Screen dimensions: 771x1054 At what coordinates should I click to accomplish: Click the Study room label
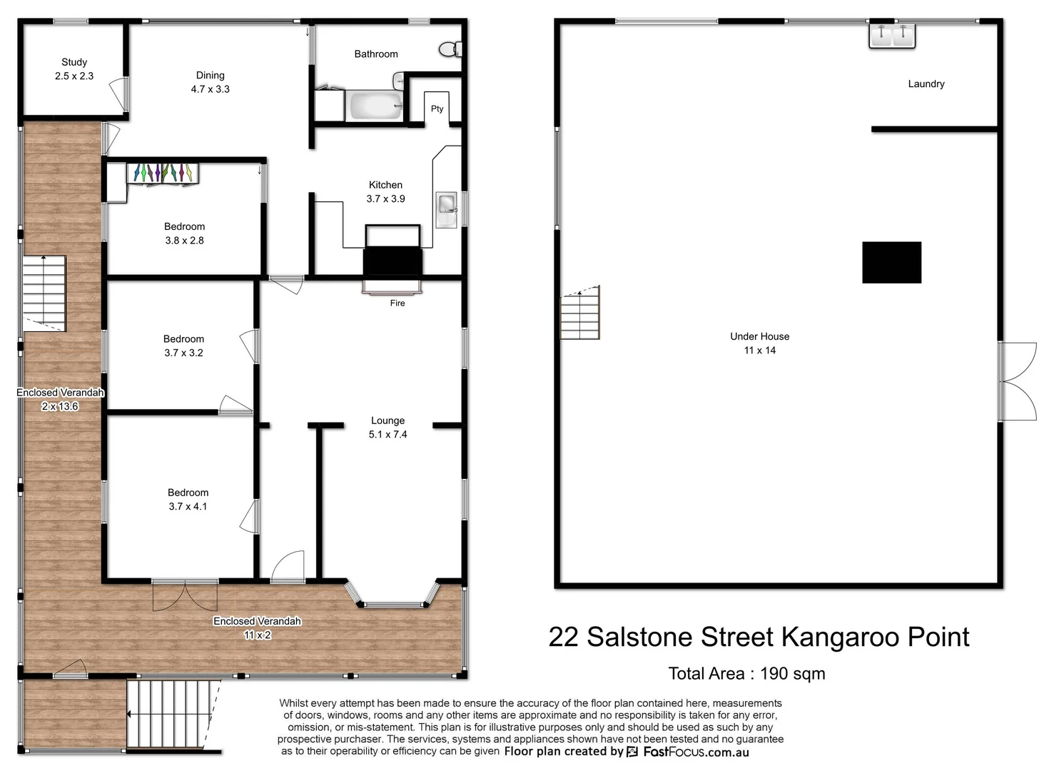click(x=74, y=63)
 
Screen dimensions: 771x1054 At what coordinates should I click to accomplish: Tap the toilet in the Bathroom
click(x=450, y=49)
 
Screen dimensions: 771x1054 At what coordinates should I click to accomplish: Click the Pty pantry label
click(x=437, y=109)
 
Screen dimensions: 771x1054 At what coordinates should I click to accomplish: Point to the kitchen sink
click(x=447, y=205)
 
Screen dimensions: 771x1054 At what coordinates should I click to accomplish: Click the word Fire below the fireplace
click(x=397, y=303)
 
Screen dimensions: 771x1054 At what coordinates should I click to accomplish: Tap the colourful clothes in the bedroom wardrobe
click(x=163, y=173)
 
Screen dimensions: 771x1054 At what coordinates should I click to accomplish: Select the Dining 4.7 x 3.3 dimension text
click(x=210, y=89)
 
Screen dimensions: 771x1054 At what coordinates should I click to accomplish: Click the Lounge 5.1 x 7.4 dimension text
click(x=387, y=434)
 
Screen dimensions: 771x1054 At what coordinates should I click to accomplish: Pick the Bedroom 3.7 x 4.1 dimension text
click(x=188, y=506)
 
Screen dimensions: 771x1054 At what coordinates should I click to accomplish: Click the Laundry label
click(x=926, y=84)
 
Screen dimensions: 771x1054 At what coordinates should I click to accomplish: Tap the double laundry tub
click(x=891, y=34)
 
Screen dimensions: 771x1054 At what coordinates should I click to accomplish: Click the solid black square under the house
click(x=891, y=262)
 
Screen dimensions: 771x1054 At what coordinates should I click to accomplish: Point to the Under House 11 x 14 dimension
click(x=759, y=350)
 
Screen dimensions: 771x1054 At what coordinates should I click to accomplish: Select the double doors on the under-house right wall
click(x=1017, y=381)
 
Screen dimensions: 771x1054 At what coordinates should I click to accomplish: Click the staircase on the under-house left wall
click(x=579, y=313)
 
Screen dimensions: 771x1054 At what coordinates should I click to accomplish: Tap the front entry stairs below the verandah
click(x=172, y=714)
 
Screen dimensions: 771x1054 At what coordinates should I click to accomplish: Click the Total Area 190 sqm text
click(x=746, y=673)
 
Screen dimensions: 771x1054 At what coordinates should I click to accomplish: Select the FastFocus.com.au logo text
click(x=696, y=752)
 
